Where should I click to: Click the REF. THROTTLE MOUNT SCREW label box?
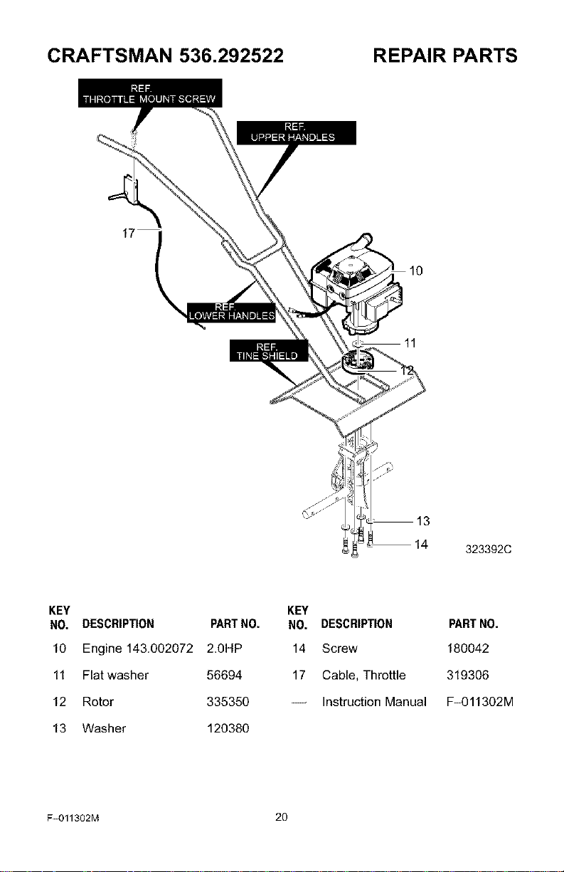(x=150, y=93)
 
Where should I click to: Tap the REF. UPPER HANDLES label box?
(x=297, y=132)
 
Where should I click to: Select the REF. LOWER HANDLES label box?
(x=231, y=312)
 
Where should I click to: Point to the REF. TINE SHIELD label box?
(x=269, y=350)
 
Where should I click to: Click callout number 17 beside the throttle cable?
(x=128, y=233)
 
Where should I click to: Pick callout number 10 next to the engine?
(x=416, y=270)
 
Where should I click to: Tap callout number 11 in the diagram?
(x=410, y=343)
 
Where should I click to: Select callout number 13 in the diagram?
(x=422, y=521)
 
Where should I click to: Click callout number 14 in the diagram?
(x=421, y=545)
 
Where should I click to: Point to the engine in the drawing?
(x=355, y=288)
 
